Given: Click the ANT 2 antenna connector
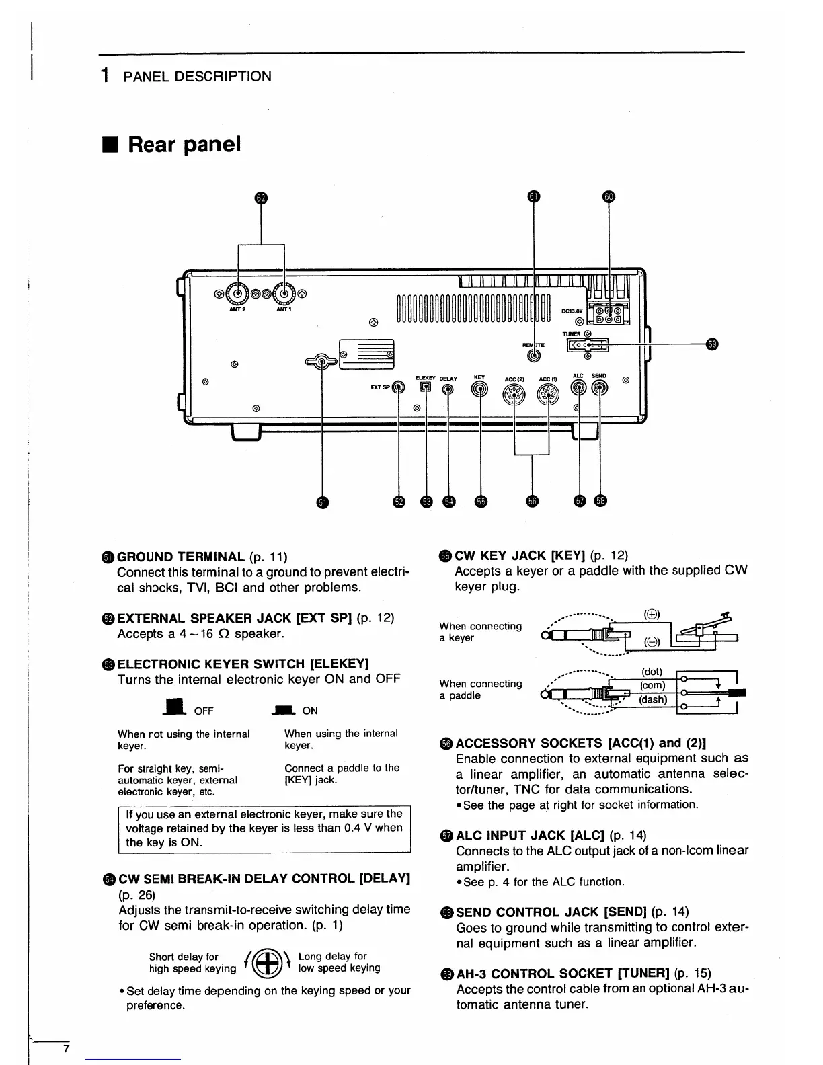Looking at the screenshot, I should click(x=238, y=294).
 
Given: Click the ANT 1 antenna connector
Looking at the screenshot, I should click(x=285, y=294).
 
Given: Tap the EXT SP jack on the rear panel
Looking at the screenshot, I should click(x=399, y=387).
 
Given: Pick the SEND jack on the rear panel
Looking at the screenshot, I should click(x=599, y=388).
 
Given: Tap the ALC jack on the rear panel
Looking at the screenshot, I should click(x=579, y=388).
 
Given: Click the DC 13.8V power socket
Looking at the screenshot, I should click(x=609, y=313).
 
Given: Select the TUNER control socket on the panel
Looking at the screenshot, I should click(x=588, y=345).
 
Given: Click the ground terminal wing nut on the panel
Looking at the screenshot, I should click(x=323, y=362).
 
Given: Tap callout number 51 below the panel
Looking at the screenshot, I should click(x=323, y=502).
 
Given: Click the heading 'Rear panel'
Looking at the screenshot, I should click(x=184, y=145).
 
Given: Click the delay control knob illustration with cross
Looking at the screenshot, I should click(x=268, y=963).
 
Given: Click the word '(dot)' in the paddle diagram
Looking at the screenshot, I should click(x=652, y=672).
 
